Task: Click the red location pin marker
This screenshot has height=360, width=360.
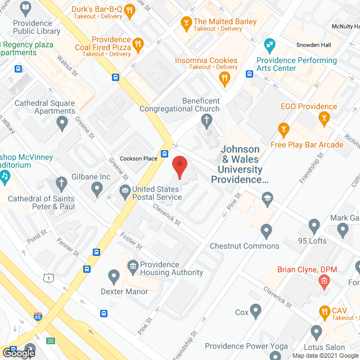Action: [x=179, y=166]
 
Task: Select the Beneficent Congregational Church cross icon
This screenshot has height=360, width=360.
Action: [x=206, y=120]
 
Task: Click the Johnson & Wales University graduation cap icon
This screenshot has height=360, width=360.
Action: [x=267, y=197]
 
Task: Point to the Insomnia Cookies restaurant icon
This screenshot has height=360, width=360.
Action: [x=225, y=79]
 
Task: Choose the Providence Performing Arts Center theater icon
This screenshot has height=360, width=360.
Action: [x=269, y=44]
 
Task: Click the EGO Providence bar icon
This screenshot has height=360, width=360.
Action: [x=323, y=118]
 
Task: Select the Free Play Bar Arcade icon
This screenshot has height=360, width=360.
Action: [x=283, y=130]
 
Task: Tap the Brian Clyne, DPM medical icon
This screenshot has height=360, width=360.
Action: [x=324, y=283]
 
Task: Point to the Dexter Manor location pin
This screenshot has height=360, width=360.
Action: [x=114, y=276]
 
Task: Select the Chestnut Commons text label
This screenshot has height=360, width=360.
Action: [x=244, y=246]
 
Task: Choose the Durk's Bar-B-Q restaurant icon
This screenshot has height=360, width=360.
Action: [x=129, y=10]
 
